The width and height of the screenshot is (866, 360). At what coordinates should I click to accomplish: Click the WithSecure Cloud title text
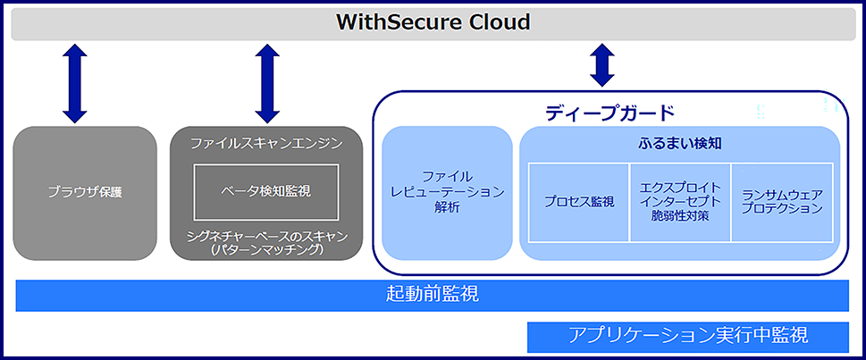433,22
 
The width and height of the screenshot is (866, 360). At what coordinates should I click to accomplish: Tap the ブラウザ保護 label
85,191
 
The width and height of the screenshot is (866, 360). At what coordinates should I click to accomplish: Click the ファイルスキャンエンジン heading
266,143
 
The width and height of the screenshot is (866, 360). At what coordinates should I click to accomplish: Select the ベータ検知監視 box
266,191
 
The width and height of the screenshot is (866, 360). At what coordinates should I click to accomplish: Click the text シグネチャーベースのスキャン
266,236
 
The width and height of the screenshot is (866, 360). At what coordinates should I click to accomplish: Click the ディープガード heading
610,113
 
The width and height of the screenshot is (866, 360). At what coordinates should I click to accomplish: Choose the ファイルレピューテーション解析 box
448,192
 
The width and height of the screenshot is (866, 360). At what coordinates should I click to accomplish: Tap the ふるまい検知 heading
679,143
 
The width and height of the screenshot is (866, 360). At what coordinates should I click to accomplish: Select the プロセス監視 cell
579,201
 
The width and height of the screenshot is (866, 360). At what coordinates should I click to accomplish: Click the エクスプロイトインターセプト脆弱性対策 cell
680,201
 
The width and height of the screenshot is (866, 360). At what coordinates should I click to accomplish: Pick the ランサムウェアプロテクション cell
782,201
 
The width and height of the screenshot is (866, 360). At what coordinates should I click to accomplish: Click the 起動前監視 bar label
433,295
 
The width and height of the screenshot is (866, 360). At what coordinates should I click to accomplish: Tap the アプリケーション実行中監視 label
688,336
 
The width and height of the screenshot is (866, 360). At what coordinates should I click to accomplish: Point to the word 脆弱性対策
680,216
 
